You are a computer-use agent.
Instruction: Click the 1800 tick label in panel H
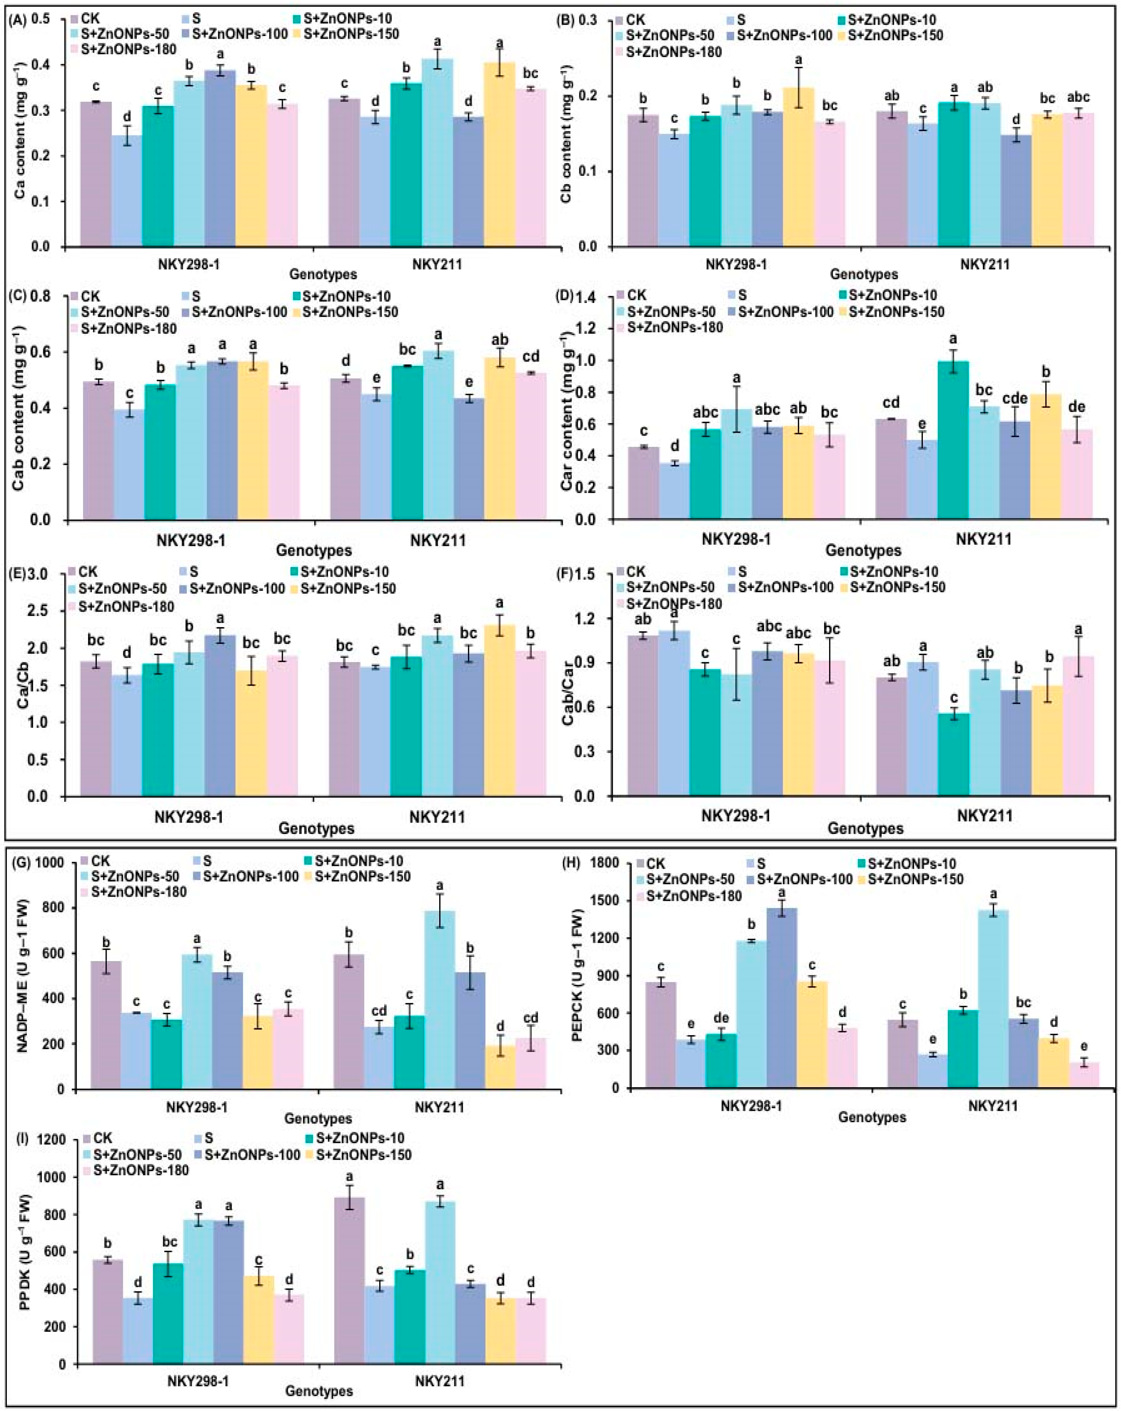(604, 864)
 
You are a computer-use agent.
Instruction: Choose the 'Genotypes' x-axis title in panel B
(864, 274)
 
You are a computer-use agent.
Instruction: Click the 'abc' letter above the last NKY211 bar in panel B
(1077, 98)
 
